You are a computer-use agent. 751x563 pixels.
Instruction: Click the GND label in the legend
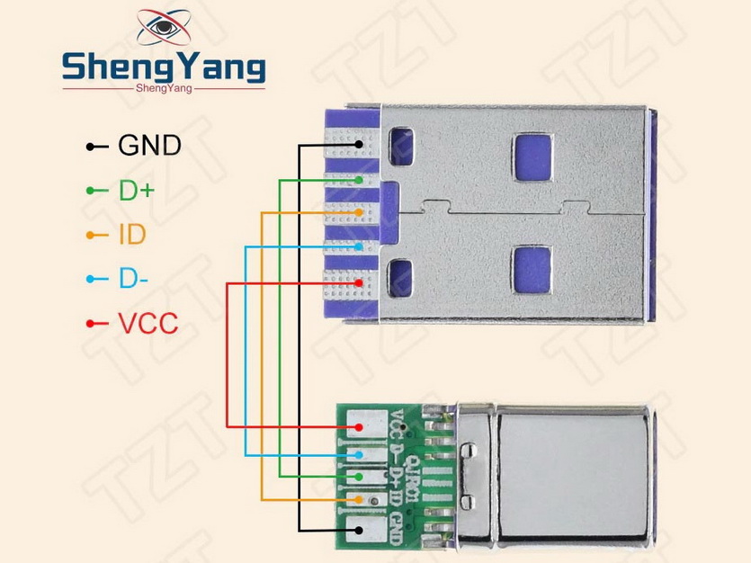pyautogui.click(x=149, y=144)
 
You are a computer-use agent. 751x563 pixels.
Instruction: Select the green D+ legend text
pyautogui.click(x=136, y=190)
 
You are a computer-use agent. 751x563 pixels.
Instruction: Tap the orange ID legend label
pyautogui.click(x=131, y=235)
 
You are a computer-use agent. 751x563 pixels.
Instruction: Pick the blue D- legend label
pyautogui.click(x=133, y=279)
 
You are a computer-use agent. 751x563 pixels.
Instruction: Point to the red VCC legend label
pyautogui.click(x=148, y=323)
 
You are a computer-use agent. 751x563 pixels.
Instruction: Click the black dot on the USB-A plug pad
pyautogui.click(x=359, y=144)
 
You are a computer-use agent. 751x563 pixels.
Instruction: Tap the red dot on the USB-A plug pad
pyautogui.click(x=359, y=283)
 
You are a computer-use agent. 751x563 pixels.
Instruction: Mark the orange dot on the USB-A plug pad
pyautogui.click(x=359, y=212)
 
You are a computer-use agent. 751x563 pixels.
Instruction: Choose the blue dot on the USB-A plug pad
pyautogui.click(x=359, y=246)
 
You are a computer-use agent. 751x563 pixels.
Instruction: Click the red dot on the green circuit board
pyautogui.click(x=359, y=425)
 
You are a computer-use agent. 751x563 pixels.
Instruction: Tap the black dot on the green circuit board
pyautogui.click(x=359, y=530)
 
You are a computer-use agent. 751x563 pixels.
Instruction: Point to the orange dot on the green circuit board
pyautogui.click(x=359, y=499)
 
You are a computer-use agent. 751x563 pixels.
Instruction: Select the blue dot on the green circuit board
pyautogui.click(x=359, y=455)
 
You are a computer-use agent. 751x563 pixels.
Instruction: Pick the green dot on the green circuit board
pyautogui.click(x=359, y=476)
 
